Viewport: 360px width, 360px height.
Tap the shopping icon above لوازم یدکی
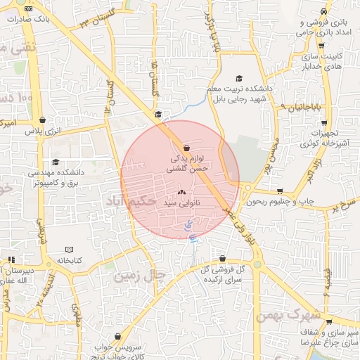[186, 148]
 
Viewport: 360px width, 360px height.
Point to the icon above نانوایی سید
[182, 192]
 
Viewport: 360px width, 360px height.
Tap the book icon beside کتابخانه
[69, 250]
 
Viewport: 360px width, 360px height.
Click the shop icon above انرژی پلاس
[44, 120]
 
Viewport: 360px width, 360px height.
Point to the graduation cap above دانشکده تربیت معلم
[239, 78]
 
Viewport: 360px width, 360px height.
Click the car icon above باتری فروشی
[323, 12]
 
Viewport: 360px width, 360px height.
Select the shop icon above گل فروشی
[222, 258]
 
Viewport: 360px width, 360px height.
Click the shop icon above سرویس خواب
[127, 337]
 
